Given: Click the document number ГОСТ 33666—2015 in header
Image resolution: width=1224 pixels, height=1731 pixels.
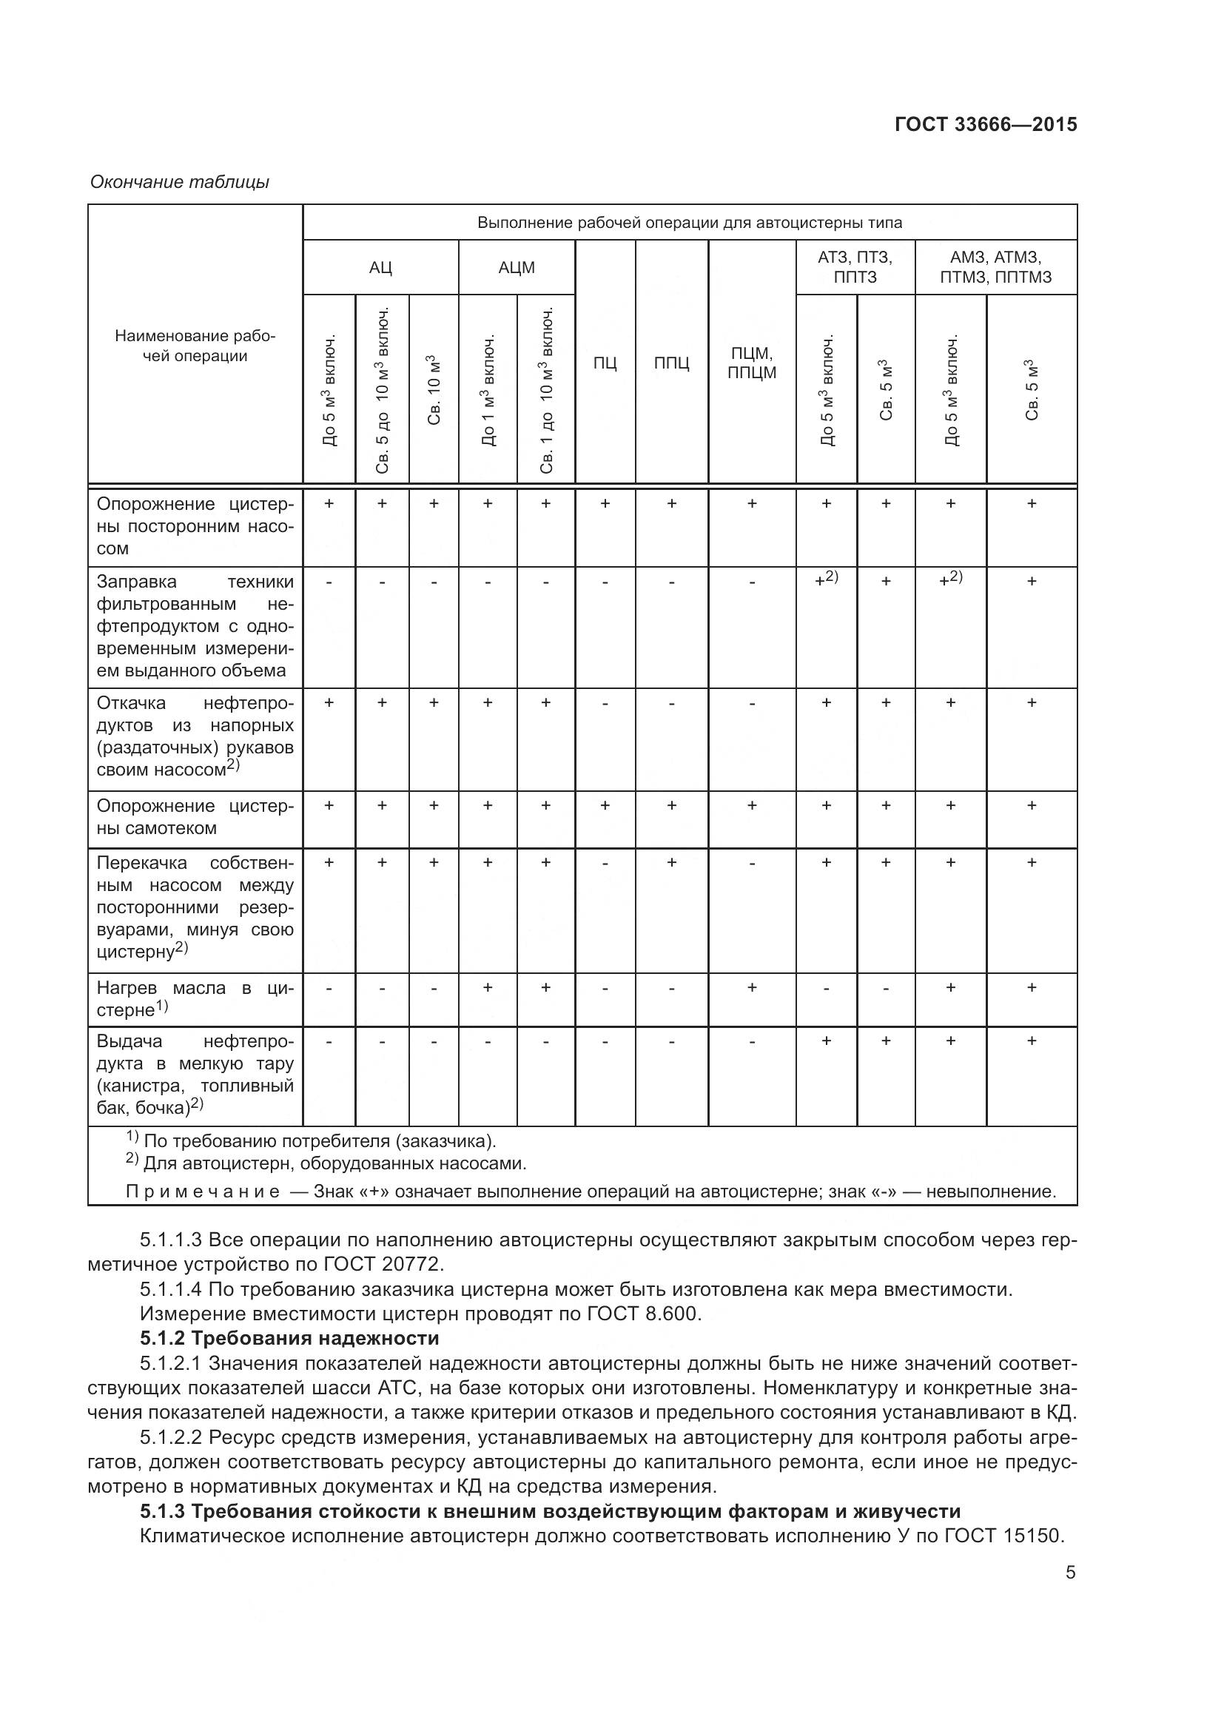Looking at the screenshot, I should [x=985, y=124].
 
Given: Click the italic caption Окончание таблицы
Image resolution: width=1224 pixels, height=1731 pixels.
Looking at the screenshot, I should [x=179, y=182].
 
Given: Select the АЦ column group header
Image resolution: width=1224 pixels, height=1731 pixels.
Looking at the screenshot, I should [x=380, y=268].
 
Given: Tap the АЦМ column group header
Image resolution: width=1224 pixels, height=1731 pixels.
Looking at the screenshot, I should [x=517, y=268].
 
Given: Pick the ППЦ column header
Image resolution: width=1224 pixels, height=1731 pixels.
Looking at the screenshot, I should [x=670, y=363].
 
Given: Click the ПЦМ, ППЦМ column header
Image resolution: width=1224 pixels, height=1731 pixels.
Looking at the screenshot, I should [x=751, y=363].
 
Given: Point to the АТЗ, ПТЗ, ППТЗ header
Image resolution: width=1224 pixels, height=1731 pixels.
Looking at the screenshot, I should [x=855, y=267].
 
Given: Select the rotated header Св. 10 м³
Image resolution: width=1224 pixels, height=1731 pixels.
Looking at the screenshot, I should [x=434, y=389].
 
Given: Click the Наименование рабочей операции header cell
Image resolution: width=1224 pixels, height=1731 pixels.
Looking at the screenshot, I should [x=195, y=346].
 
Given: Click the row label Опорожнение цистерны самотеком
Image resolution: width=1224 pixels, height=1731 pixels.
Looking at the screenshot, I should [x=195, y=817].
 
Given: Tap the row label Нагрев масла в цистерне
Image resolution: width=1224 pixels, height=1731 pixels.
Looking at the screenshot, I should [x=195, y=998].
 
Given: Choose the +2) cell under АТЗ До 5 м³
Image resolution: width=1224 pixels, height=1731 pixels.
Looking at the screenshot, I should [x=826, y=579].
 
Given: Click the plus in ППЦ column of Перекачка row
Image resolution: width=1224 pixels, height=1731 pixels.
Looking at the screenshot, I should [x=670, y=862].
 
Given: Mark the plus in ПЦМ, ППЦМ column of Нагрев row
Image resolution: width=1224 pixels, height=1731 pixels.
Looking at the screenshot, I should [x=751, y=987].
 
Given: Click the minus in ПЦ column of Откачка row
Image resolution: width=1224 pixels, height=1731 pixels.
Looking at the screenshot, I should [x=605, y=703].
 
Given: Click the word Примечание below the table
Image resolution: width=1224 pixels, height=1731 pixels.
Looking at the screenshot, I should [x=203, y=1192].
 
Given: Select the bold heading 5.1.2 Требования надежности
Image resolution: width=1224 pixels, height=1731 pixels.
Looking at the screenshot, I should [x=289, y=1338].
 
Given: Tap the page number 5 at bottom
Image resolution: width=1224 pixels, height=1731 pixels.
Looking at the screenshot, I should [x=1070, y=1573].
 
